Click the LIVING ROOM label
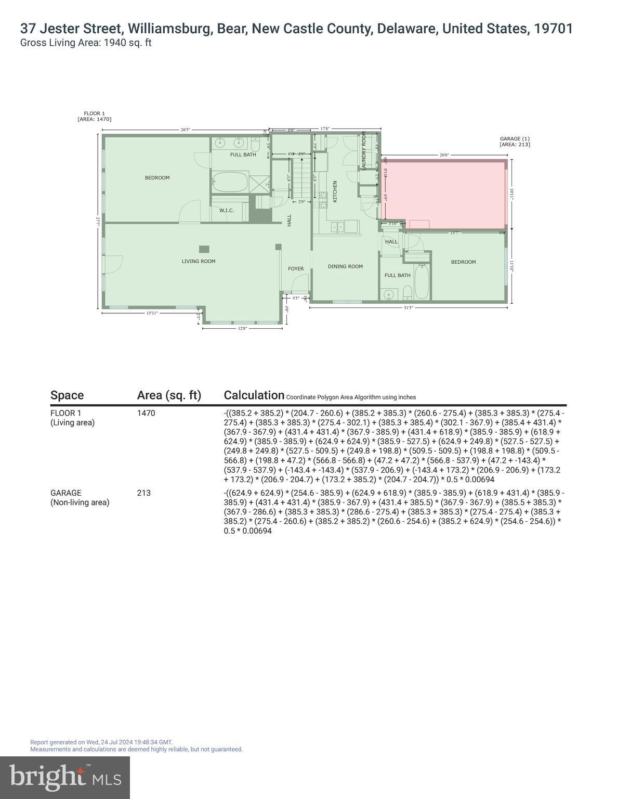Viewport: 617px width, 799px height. (x=198, y=261)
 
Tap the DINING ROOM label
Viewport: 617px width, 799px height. (x=345, y=266)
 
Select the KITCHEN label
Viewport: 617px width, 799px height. (x=335, y=191)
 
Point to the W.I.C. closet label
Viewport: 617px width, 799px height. (x=226, y=211)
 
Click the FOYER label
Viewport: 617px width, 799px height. (x=296, y=269)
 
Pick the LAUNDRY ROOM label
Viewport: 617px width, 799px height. (x=364, y=151)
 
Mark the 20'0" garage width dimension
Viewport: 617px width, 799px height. (x=444, y=155)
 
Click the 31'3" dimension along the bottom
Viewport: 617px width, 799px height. (x=408, y=307)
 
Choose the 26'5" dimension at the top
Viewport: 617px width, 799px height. (x=186, y=130)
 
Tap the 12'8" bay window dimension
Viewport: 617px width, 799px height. (x=242, y=328)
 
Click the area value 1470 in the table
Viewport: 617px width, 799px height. (x=146, y=413)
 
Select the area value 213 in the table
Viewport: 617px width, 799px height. (x=143, y=493)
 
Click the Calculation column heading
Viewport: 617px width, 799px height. (x=254, y=395)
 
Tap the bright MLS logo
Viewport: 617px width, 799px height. (x=65, y=777)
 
